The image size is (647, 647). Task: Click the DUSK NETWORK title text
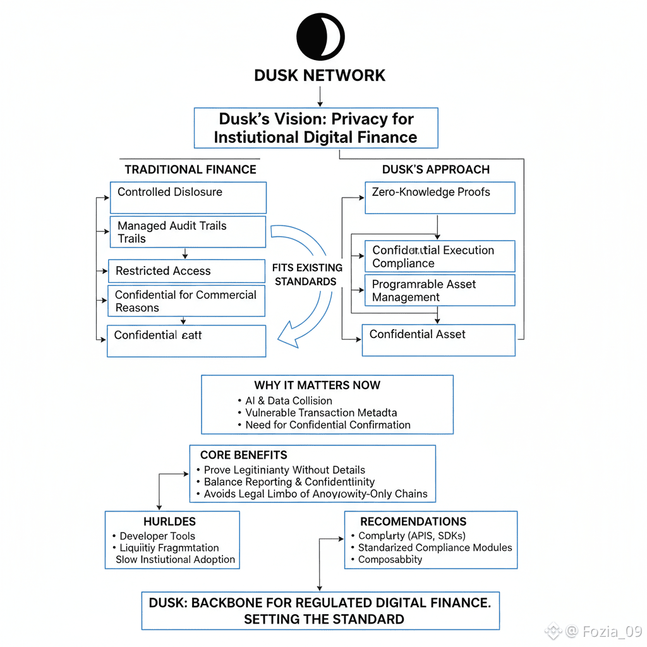(320, 75)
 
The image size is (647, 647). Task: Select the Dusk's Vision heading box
(316, 128)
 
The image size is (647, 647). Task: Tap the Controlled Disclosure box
(187, 197)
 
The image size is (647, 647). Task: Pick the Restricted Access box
(186, 271)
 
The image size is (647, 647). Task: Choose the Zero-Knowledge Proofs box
(440, 197)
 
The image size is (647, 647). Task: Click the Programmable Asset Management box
(440, 291)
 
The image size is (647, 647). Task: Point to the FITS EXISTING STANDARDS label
(307, 274)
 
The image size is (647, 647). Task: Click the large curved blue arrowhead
(288, 335)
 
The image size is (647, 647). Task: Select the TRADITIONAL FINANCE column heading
(190, 169)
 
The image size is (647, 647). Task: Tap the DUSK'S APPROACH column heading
(436, 169)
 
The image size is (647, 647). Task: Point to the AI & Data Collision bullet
(289, 401)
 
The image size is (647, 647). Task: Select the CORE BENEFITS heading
(243, 455)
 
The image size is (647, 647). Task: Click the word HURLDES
(169, 522)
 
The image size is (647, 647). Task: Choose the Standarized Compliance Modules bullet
(435, 548)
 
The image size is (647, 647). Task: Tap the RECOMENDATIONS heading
(413, 522)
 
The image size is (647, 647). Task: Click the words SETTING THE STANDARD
(324, 619)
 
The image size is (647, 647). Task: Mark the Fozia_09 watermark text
(612, 631)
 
